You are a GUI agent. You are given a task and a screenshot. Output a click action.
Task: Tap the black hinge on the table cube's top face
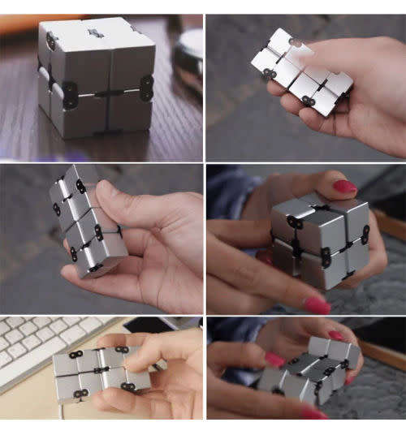pos(96,33)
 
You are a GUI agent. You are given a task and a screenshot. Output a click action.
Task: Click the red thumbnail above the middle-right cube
pos(344,187)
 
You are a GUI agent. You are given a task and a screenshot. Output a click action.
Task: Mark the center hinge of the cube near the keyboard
pos(100,370)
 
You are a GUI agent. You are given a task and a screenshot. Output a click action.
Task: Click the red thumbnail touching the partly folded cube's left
pos(274,359)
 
